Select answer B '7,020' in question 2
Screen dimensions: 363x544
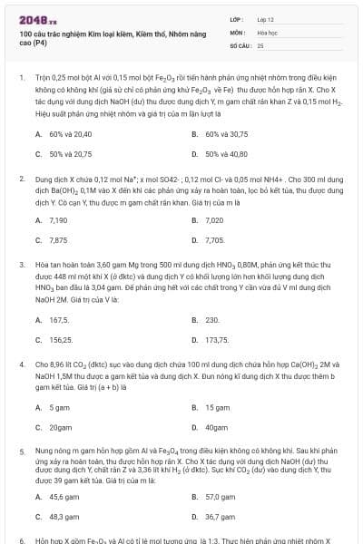point(214,220)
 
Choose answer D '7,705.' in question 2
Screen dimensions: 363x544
point(215,240)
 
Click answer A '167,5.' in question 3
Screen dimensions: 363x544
point(59,320)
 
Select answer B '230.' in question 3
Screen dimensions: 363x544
point(212,320)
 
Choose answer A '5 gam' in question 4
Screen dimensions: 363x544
point(59,407)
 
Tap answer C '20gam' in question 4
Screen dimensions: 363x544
point(60,427)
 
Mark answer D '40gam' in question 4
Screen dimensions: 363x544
point(216,427)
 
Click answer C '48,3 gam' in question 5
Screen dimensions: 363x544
point(64,517)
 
